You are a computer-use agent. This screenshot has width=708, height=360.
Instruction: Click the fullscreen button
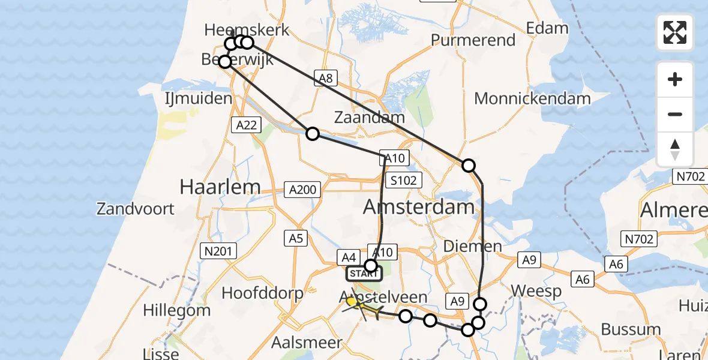(x=675, y=32)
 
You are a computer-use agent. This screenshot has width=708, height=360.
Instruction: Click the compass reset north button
(x=675, y=149)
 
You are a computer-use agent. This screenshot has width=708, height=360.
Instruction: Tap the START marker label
(x=364, y=274)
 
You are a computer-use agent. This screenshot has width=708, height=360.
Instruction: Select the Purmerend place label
(x=473, y=40)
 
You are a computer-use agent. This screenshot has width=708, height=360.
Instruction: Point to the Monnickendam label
(x=532, y=98)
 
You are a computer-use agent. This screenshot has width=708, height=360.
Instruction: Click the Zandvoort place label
(x=136, y=209)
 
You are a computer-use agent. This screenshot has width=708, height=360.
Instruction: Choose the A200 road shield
(x=302, y=190)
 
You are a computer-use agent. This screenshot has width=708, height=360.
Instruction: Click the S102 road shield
(x=406, y=179)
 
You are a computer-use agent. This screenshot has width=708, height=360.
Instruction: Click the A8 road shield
(x=325, y=77)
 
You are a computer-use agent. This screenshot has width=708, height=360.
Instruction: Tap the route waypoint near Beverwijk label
(x=224, y=62)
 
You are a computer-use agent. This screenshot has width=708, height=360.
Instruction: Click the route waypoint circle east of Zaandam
(x=468, y=166)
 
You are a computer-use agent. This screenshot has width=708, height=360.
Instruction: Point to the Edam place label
(x=547, y=28)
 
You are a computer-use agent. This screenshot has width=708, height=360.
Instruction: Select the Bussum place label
(x=631, y=329)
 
